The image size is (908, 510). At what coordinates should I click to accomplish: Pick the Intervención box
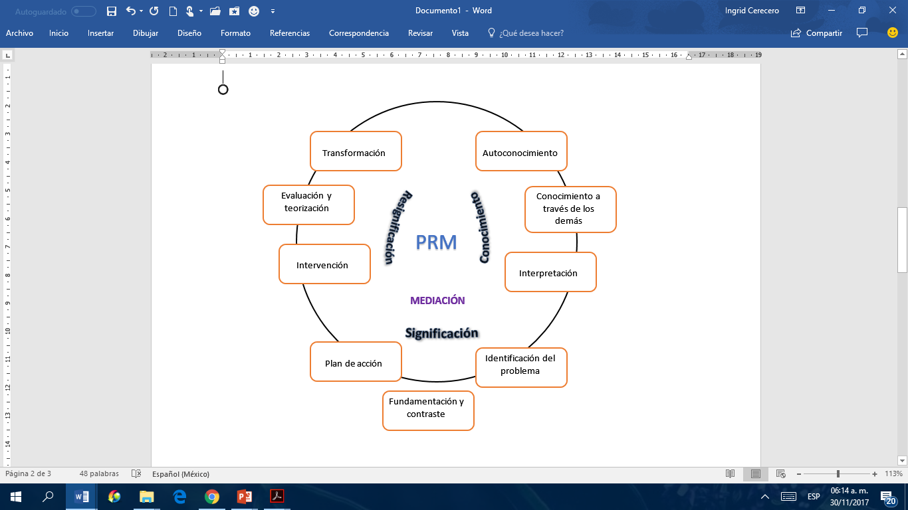(x=324, y=264)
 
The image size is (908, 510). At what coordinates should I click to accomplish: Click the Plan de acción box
(x=356, y=362)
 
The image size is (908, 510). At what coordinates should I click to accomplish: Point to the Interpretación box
(x=550, y=272)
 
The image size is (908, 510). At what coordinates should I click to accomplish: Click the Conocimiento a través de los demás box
(x=570, y=209)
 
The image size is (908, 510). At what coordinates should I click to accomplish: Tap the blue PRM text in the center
(x=436, y=242)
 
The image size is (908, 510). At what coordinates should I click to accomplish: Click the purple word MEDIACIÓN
(x=437, y=301)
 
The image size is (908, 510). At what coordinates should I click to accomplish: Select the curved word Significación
(x=442, y=333)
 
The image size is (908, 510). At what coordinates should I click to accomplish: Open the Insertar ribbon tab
(x=100, y=33)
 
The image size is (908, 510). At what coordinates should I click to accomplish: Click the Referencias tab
(x=290, y=33)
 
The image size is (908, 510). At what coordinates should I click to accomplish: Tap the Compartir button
(x=817, y=33)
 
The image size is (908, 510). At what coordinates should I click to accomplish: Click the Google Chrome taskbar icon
(x=212, y=496)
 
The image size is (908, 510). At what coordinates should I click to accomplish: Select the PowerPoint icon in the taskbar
(x=245, y=496)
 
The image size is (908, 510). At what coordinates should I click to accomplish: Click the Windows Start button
(x=16, y=496)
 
